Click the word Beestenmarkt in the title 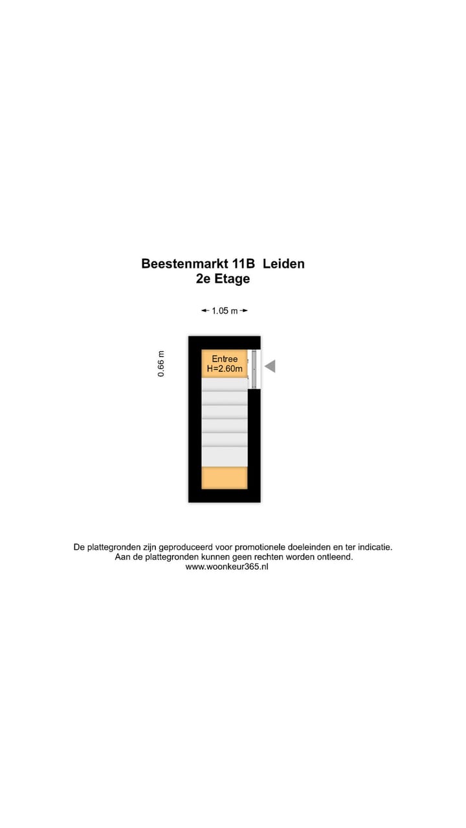tap(184, 264)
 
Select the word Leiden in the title tap(283, 264)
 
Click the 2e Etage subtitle tap(223, 279)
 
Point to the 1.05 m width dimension tap(225, 311)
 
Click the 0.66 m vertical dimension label tap(161, 364)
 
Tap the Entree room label tap(225, 359)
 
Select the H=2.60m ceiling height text tap(225, 369)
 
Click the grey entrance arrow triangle tap(270, 366)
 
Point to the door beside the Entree tap(254, 369)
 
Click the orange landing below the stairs tap(225, 478)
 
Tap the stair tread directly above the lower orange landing tap(225, 457)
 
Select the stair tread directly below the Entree tap(225, 384)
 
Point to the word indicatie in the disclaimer tap(375, 547)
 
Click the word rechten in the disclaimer tap(265, 557)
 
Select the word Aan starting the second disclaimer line tap(122, 557)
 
